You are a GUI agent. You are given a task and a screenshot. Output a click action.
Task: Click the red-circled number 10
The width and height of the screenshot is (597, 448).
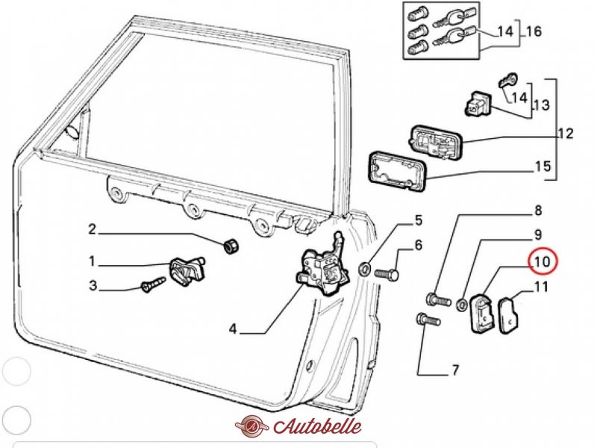pyautogui.click(x=543, y=261)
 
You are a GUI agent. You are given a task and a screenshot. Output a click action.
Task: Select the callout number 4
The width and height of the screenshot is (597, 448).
pyautogui.click(x=233, y=329)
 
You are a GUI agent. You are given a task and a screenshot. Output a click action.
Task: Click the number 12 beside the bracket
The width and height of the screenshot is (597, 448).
pyautogui.click(x=566, y=134)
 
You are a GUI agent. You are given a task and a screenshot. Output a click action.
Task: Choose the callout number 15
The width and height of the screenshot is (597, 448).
pyautogui.click(x=543, y=166)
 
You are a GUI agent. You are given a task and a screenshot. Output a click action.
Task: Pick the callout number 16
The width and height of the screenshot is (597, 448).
pyautogui.click(x=533, y=32)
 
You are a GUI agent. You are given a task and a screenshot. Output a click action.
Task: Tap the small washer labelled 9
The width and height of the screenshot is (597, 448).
pyautogui.click(x=462, y=304)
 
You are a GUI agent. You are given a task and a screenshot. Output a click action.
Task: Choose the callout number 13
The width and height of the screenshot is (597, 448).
pyautogui.click(x=542, y=105)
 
